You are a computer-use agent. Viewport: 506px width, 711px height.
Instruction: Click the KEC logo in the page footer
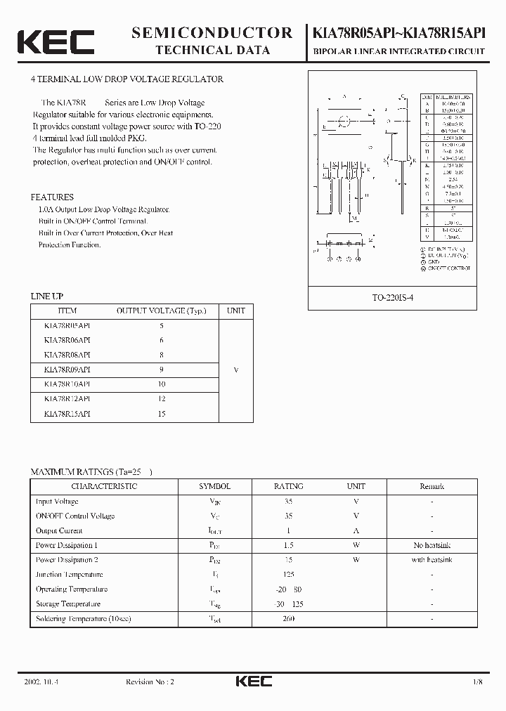253,681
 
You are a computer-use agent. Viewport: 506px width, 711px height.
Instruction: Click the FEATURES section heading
52,197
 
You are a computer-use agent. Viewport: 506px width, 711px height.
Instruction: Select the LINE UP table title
46,296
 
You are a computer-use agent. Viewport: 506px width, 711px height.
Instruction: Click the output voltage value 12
162,399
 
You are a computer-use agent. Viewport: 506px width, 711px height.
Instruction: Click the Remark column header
432,486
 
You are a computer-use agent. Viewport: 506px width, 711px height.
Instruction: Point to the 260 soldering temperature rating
288,619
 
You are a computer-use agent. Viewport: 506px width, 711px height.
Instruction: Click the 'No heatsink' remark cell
432,545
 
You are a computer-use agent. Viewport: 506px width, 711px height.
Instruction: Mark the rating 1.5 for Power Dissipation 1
288,545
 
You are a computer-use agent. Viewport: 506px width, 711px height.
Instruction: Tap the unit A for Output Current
356,530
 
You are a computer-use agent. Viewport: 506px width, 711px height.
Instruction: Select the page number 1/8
478,681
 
